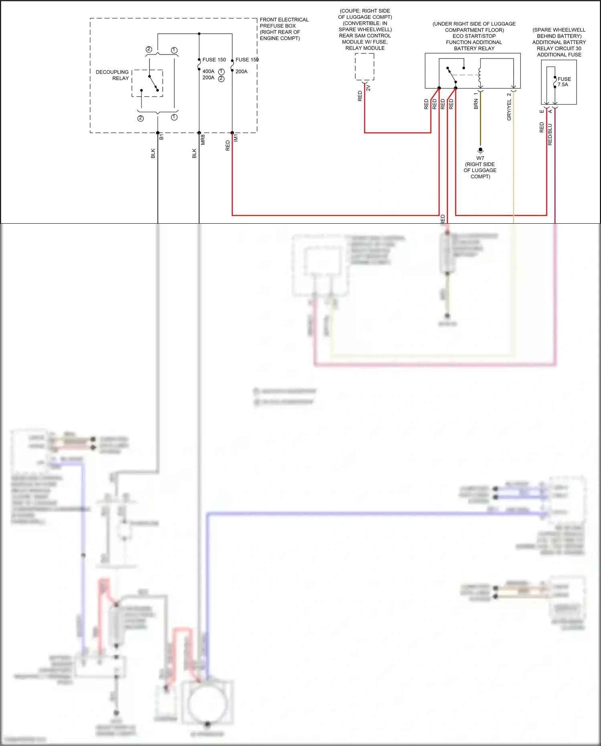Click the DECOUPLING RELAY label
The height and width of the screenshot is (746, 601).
click(112, 75)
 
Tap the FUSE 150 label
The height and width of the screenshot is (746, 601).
click(214, 60)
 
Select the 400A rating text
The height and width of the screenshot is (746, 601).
click(208, 71)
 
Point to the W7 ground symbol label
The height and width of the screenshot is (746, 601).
click(480, 158)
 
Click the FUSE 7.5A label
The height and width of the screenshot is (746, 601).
click(564, 82)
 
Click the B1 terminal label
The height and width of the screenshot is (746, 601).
click(162, 137)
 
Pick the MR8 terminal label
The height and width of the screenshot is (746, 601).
click(203, 139)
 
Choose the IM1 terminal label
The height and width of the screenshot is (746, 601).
click(236, 138)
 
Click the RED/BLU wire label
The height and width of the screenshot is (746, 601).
click(550, 134)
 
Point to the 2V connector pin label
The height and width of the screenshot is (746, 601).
click(368, 88)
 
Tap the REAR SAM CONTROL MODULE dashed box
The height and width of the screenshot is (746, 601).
click(364, 67)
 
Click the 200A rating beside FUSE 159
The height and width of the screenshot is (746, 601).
click(241, 71)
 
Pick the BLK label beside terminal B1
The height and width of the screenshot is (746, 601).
click(153, 153)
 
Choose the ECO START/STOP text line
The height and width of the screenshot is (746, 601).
click(474, 36)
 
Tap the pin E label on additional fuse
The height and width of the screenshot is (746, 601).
click(542, 111)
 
